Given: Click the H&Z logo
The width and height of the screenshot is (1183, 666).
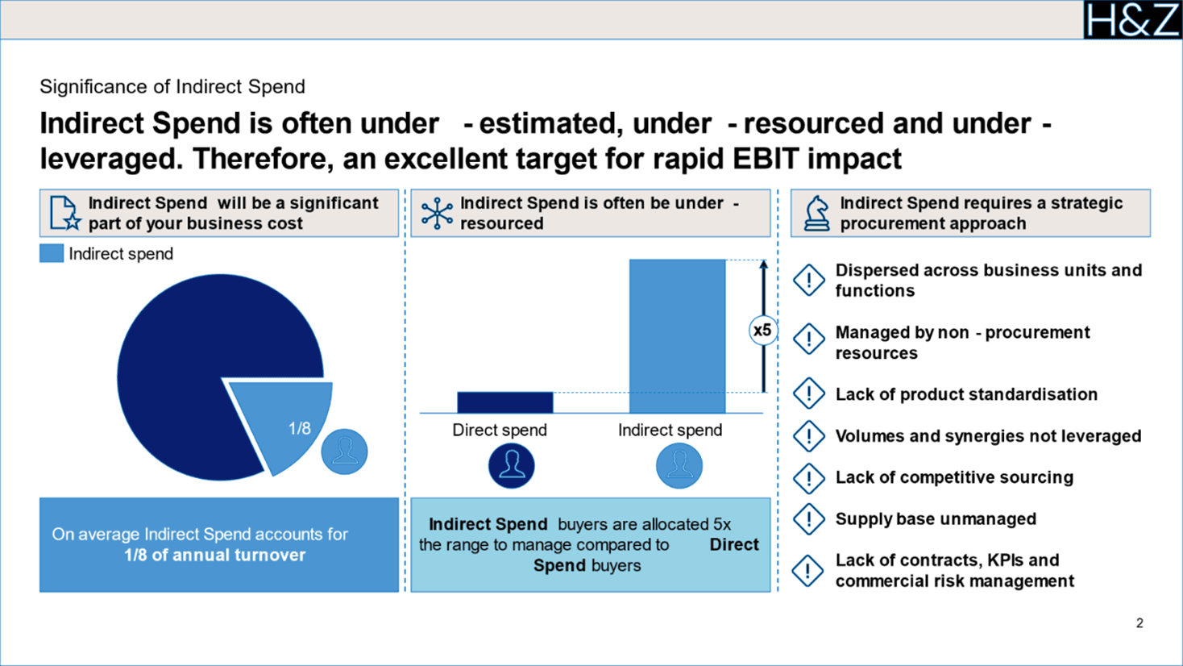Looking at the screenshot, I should click(1131, 19).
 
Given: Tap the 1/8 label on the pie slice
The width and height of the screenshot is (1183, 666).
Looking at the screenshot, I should click(299, 428).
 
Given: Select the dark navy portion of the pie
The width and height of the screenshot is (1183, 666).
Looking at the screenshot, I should click(193, 363).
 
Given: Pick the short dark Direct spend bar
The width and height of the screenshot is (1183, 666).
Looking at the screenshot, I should click(504, 402).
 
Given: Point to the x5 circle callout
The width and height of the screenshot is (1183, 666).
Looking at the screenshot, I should click(762, 331).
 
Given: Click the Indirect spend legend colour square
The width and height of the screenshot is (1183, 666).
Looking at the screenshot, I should click(52, 254).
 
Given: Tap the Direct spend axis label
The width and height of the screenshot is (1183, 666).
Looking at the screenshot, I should click(499, 431).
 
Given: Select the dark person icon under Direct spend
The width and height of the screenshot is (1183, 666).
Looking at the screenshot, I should click(511, 466).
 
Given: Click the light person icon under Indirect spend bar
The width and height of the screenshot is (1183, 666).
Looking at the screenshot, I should click(679, 466).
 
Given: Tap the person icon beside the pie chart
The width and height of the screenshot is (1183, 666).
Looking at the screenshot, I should click(344, 452).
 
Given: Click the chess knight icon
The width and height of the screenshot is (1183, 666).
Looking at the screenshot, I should click(816, 214).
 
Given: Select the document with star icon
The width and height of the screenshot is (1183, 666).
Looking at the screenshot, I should click(64, 214).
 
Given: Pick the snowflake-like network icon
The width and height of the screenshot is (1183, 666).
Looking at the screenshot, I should click(437, 214).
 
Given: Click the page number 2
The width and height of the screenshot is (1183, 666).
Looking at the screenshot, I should click(1139, 622).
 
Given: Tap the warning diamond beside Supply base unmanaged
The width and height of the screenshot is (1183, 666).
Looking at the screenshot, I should click(808, 519).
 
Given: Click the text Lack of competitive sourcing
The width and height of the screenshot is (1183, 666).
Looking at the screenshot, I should click(954, 477).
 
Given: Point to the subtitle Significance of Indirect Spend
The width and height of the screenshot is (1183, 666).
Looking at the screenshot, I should click(172, 86).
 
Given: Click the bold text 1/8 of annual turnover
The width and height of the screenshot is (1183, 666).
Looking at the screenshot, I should click(214, 555).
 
